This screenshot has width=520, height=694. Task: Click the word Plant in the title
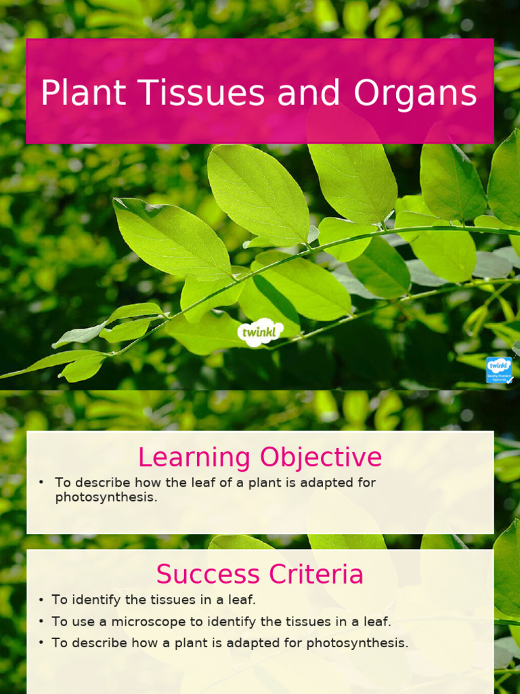click(83, 93)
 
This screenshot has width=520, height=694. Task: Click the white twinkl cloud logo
click(260, 332)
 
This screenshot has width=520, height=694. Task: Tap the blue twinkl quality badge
click(499, 370)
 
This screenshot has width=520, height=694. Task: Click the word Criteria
click(316, 574)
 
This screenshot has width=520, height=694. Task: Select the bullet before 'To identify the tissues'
click(41, 600)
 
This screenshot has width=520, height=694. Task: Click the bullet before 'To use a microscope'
click(41, 621)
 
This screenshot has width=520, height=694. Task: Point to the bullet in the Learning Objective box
click(41, 483)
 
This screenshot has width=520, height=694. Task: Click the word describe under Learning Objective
click(101, 483)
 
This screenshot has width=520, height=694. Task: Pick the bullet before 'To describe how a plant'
click(41, 643)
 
